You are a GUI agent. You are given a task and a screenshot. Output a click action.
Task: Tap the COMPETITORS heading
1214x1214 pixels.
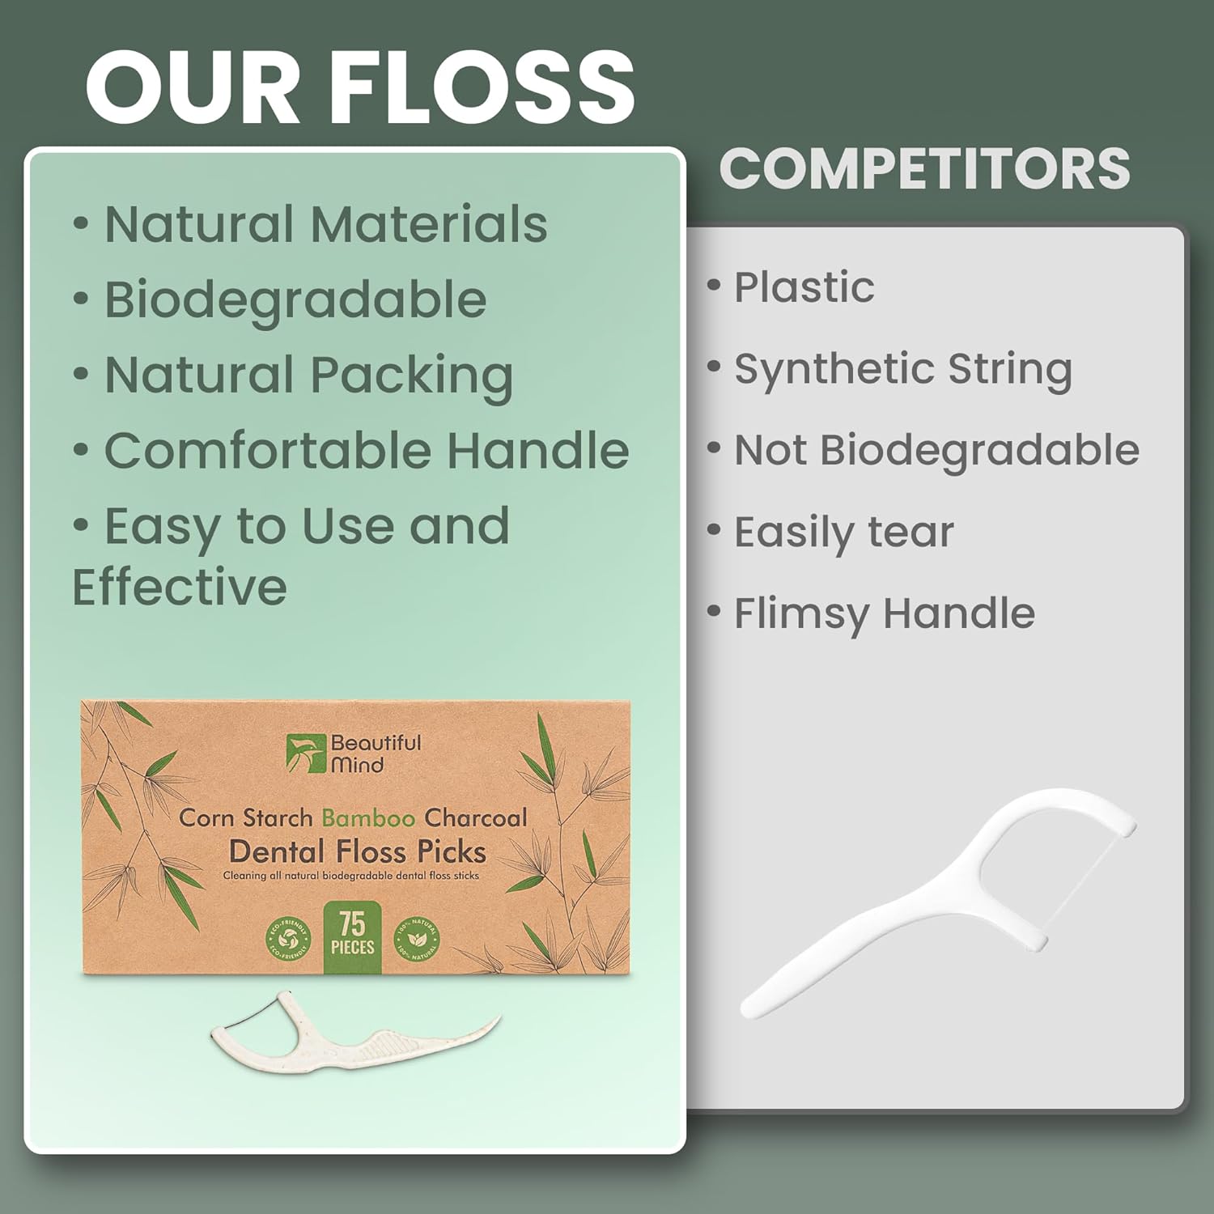pyautogui.click(x=924, y=168)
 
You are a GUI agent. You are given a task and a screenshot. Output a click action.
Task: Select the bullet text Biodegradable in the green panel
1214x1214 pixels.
pyautogui.click(x=295, y=299)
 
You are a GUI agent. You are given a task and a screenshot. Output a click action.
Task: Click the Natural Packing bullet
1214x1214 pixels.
pyautogui.click(x=308, y=376)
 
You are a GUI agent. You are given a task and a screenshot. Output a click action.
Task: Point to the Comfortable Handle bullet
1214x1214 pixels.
pyautogui.click(x=366, y=451)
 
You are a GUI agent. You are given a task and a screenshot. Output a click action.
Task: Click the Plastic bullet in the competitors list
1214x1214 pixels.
pyautogui.click(x=804, y=287)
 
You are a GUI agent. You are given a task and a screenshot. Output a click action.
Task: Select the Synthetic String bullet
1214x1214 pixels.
pyautogui.click(x=902, y=369)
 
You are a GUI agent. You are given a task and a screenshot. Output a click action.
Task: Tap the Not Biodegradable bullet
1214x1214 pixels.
pyautogui.click(x=936, y=450)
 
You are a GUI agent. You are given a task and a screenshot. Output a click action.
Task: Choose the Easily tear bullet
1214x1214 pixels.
pyautogui.click(x=843, y=533)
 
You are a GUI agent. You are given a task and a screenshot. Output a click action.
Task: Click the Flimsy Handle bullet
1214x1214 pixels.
pyautogui.click(x=884, y=613)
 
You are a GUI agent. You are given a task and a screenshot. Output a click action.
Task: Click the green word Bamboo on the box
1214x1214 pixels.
pyautogui.click(x=369, y=817)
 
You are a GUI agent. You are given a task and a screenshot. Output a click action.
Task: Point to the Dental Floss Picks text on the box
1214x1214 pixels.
pyautogui.click(x=357, y=851)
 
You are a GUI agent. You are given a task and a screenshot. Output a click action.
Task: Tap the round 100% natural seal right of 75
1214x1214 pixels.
pyautogui.click(x=418, y=940)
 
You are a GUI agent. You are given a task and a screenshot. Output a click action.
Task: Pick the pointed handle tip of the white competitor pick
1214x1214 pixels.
pyautogui.click(x=748, y=1009)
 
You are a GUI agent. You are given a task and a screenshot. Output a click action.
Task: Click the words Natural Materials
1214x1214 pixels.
pyautogui.click(x=325, y=224)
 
